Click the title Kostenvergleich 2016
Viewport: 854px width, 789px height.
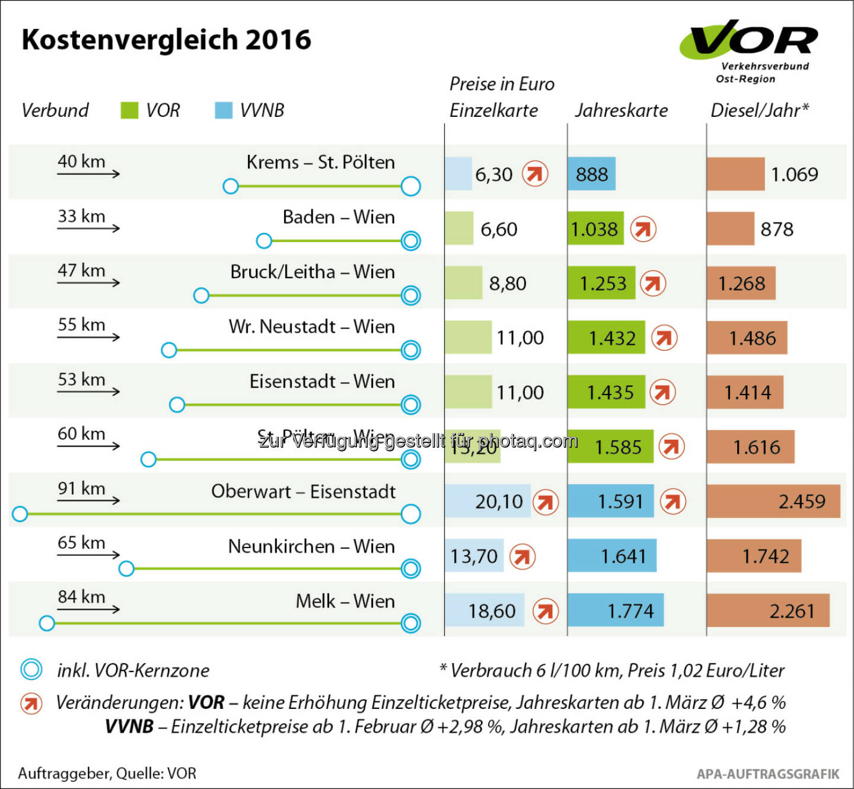tap(166, 40)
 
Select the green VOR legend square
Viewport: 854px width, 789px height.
tap(129, 110)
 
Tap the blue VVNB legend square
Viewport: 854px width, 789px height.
tap(224, 110)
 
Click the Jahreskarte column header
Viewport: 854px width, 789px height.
tap(621, 110)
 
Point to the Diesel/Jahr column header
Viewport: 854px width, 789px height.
tap(759, 110)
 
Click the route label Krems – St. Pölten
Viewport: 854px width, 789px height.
tap(320, 162)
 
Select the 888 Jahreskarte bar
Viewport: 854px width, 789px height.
tap(591, 174)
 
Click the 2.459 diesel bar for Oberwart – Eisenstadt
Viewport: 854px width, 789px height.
tap(773, 501)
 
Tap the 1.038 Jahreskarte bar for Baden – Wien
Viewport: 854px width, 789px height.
tap(595, 228)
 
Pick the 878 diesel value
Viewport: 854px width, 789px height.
tap(777, 229)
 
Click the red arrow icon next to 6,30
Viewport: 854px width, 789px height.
tap(535, 174)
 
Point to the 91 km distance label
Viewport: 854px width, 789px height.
tap(81, 488)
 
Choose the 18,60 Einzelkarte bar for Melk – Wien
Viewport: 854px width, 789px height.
tap(485, 610)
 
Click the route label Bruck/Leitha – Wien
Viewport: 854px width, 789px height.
tap(313, 272)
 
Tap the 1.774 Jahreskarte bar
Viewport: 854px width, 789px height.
tap(615, 610)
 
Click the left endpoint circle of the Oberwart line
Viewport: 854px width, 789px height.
tap(20, 514)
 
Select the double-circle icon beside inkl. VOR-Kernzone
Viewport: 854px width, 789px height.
tap(31, 670)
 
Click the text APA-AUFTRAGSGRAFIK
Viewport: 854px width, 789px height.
tap(768, 774)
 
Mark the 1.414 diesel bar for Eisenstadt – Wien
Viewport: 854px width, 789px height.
tap(745, 392)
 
